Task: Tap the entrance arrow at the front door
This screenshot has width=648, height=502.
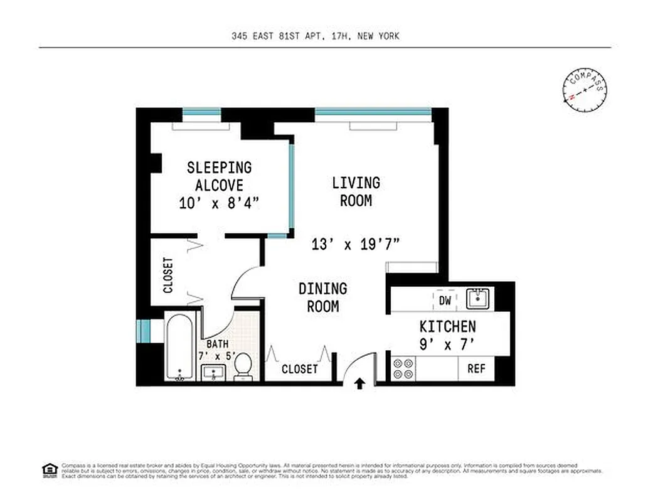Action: tap(360, 383)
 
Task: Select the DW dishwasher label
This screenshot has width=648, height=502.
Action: tap(445, 301)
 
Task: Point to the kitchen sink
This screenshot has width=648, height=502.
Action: tap(480, 298)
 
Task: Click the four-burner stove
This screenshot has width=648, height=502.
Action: tap(401, 368)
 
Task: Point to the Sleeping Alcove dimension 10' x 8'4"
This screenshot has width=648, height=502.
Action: tap(219, 203)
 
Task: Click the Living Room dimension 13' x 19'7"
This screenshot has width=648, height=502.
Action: tap(356, 244)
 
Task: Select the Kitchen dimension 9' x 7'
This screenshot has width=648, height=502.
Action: tap(447, 344)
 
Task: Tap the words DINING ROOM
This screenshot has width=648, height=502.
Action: tap(322, 297)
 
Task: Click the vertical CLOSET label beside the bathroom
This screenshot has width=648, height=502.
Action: tap(168, 275)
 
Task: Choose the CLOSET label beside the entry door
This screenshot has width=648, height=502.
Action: tap(300, 369)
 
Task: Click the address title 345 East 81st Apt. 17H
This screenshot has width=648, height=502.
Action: tap(314, 36)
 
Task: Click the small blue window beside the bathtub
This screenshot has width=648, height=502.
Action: tap(144, 331)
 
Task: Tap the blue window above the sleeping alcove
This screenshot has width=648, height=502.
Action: tap(201, 113)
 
